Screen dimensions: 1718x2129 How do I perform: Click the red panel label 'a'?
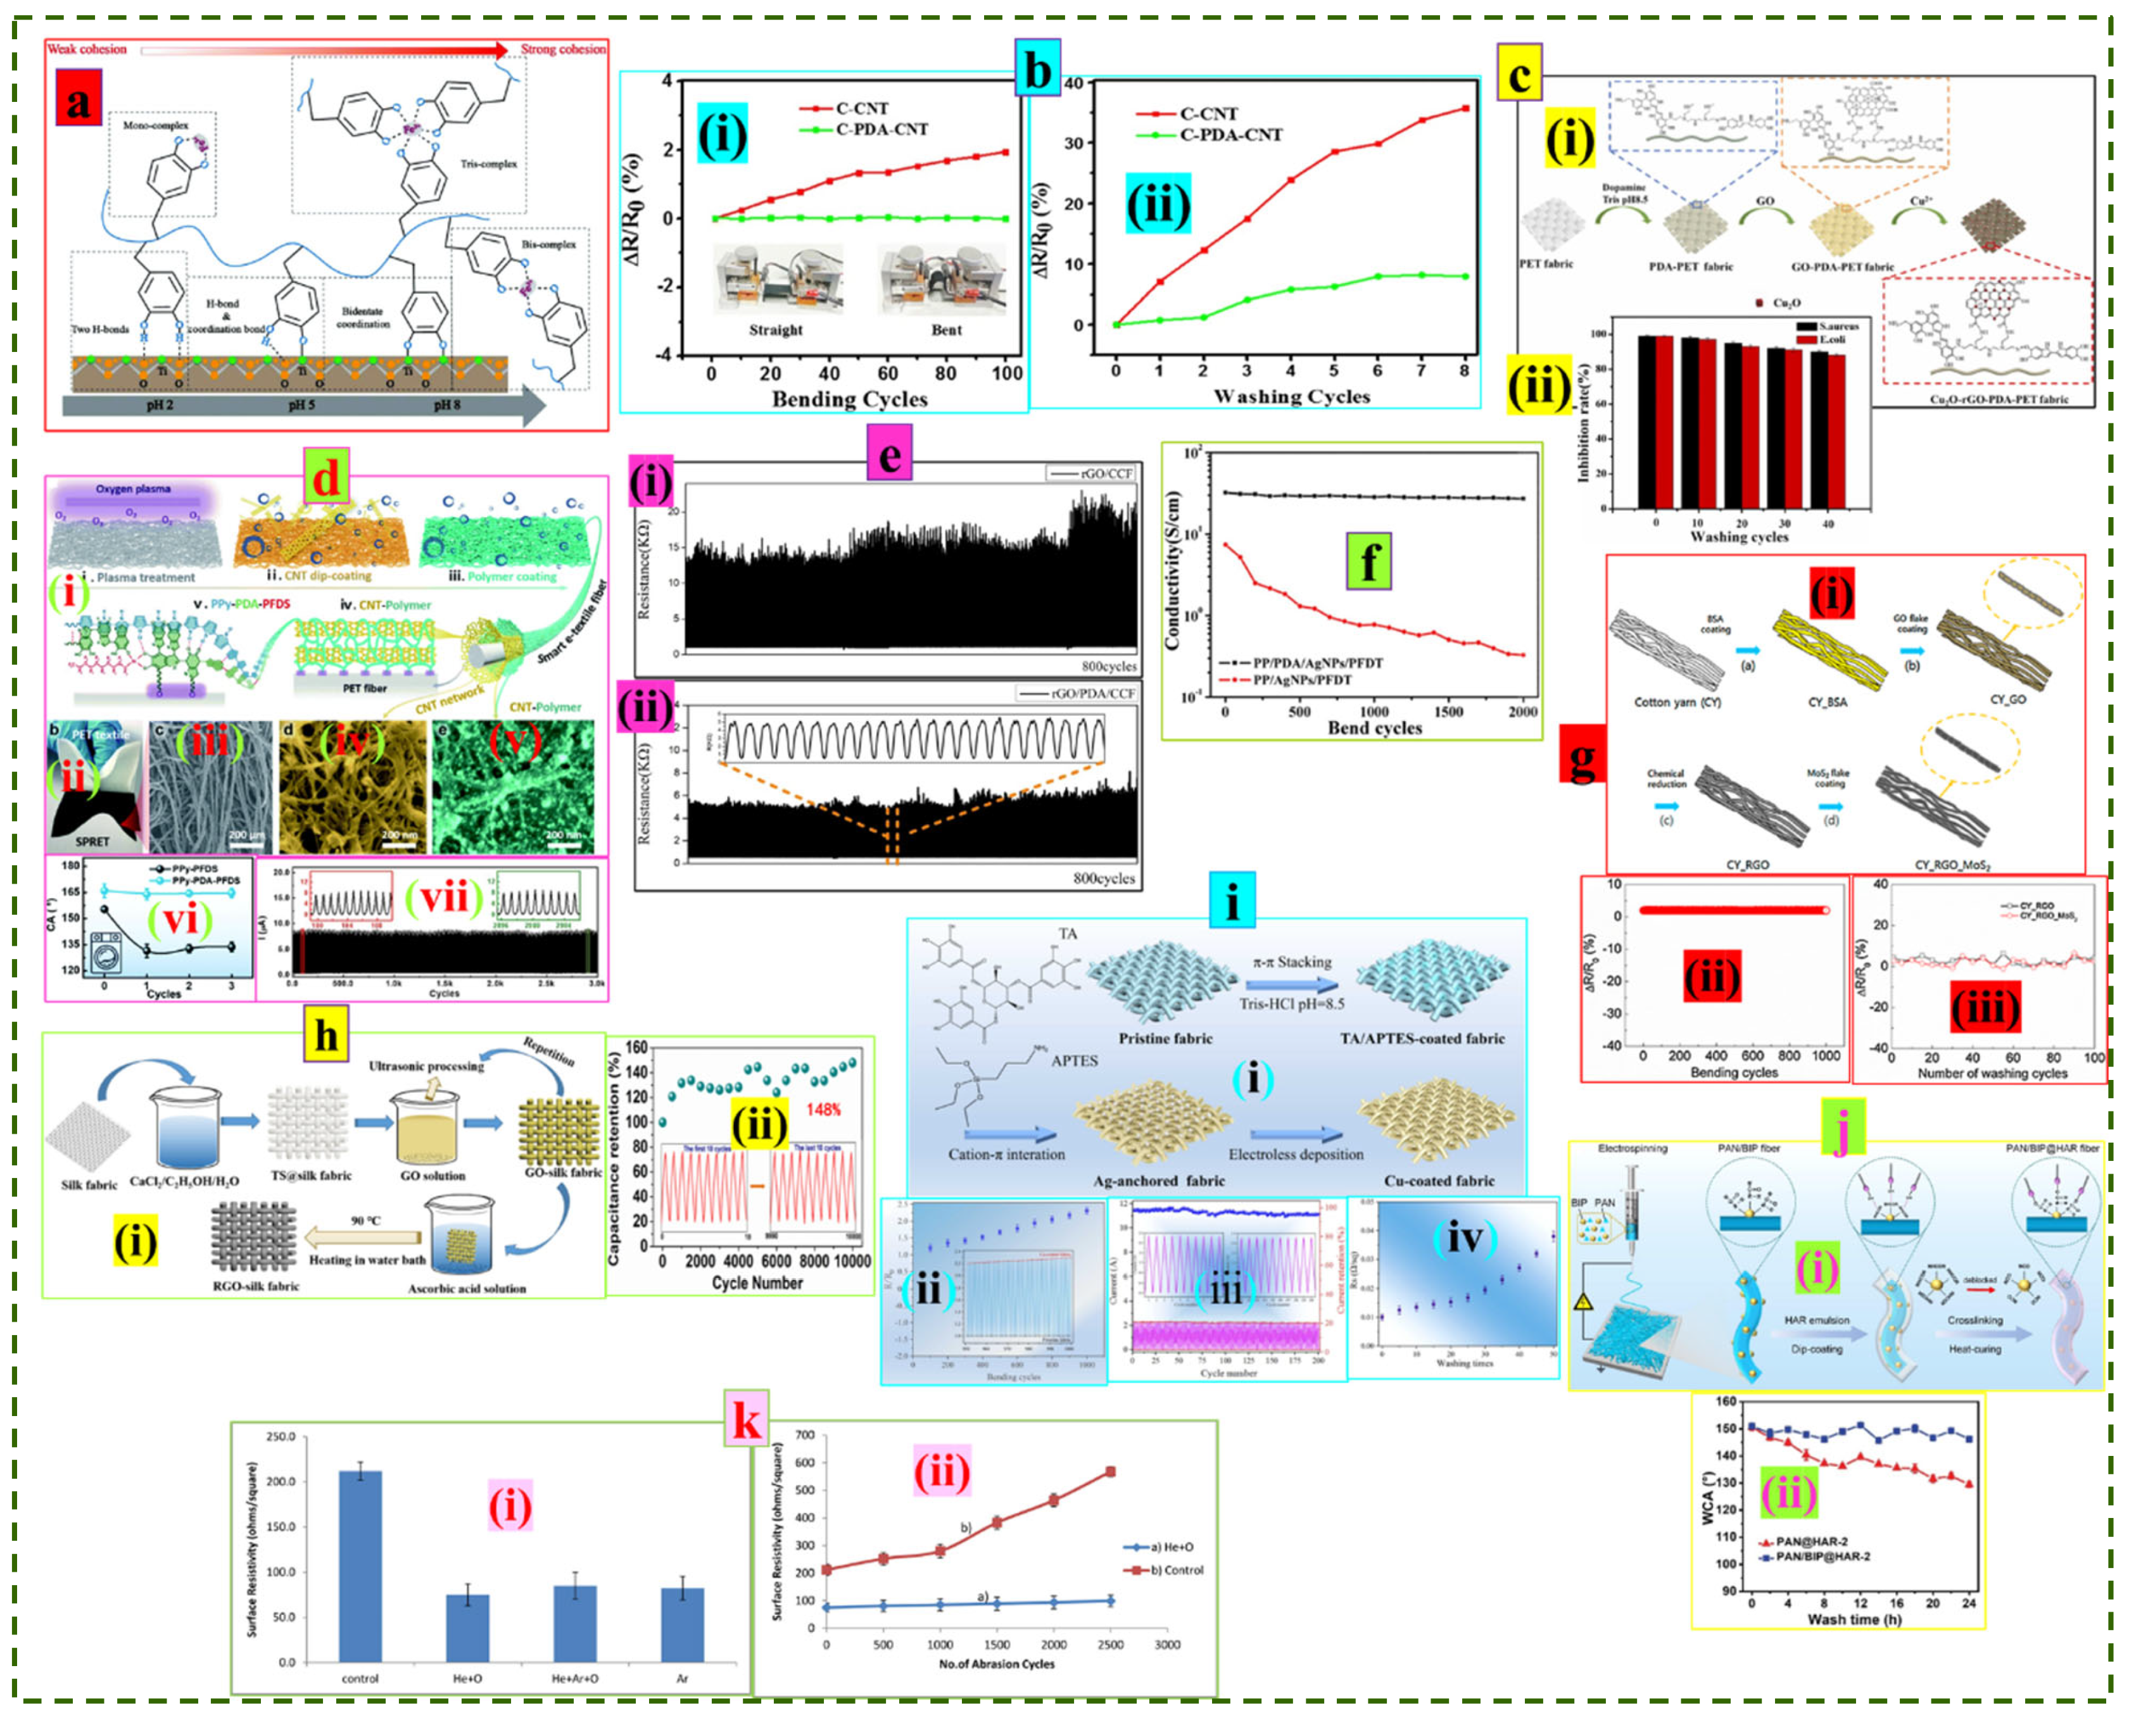point(78,103)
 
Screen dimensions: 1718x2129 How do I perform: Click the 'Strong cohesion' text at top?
point(562,49)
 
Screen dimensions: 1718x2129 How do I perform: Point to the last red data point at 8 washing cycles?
point(1465,109)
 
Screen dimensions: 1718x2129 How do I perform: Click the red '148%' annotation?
point(823,1110)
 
